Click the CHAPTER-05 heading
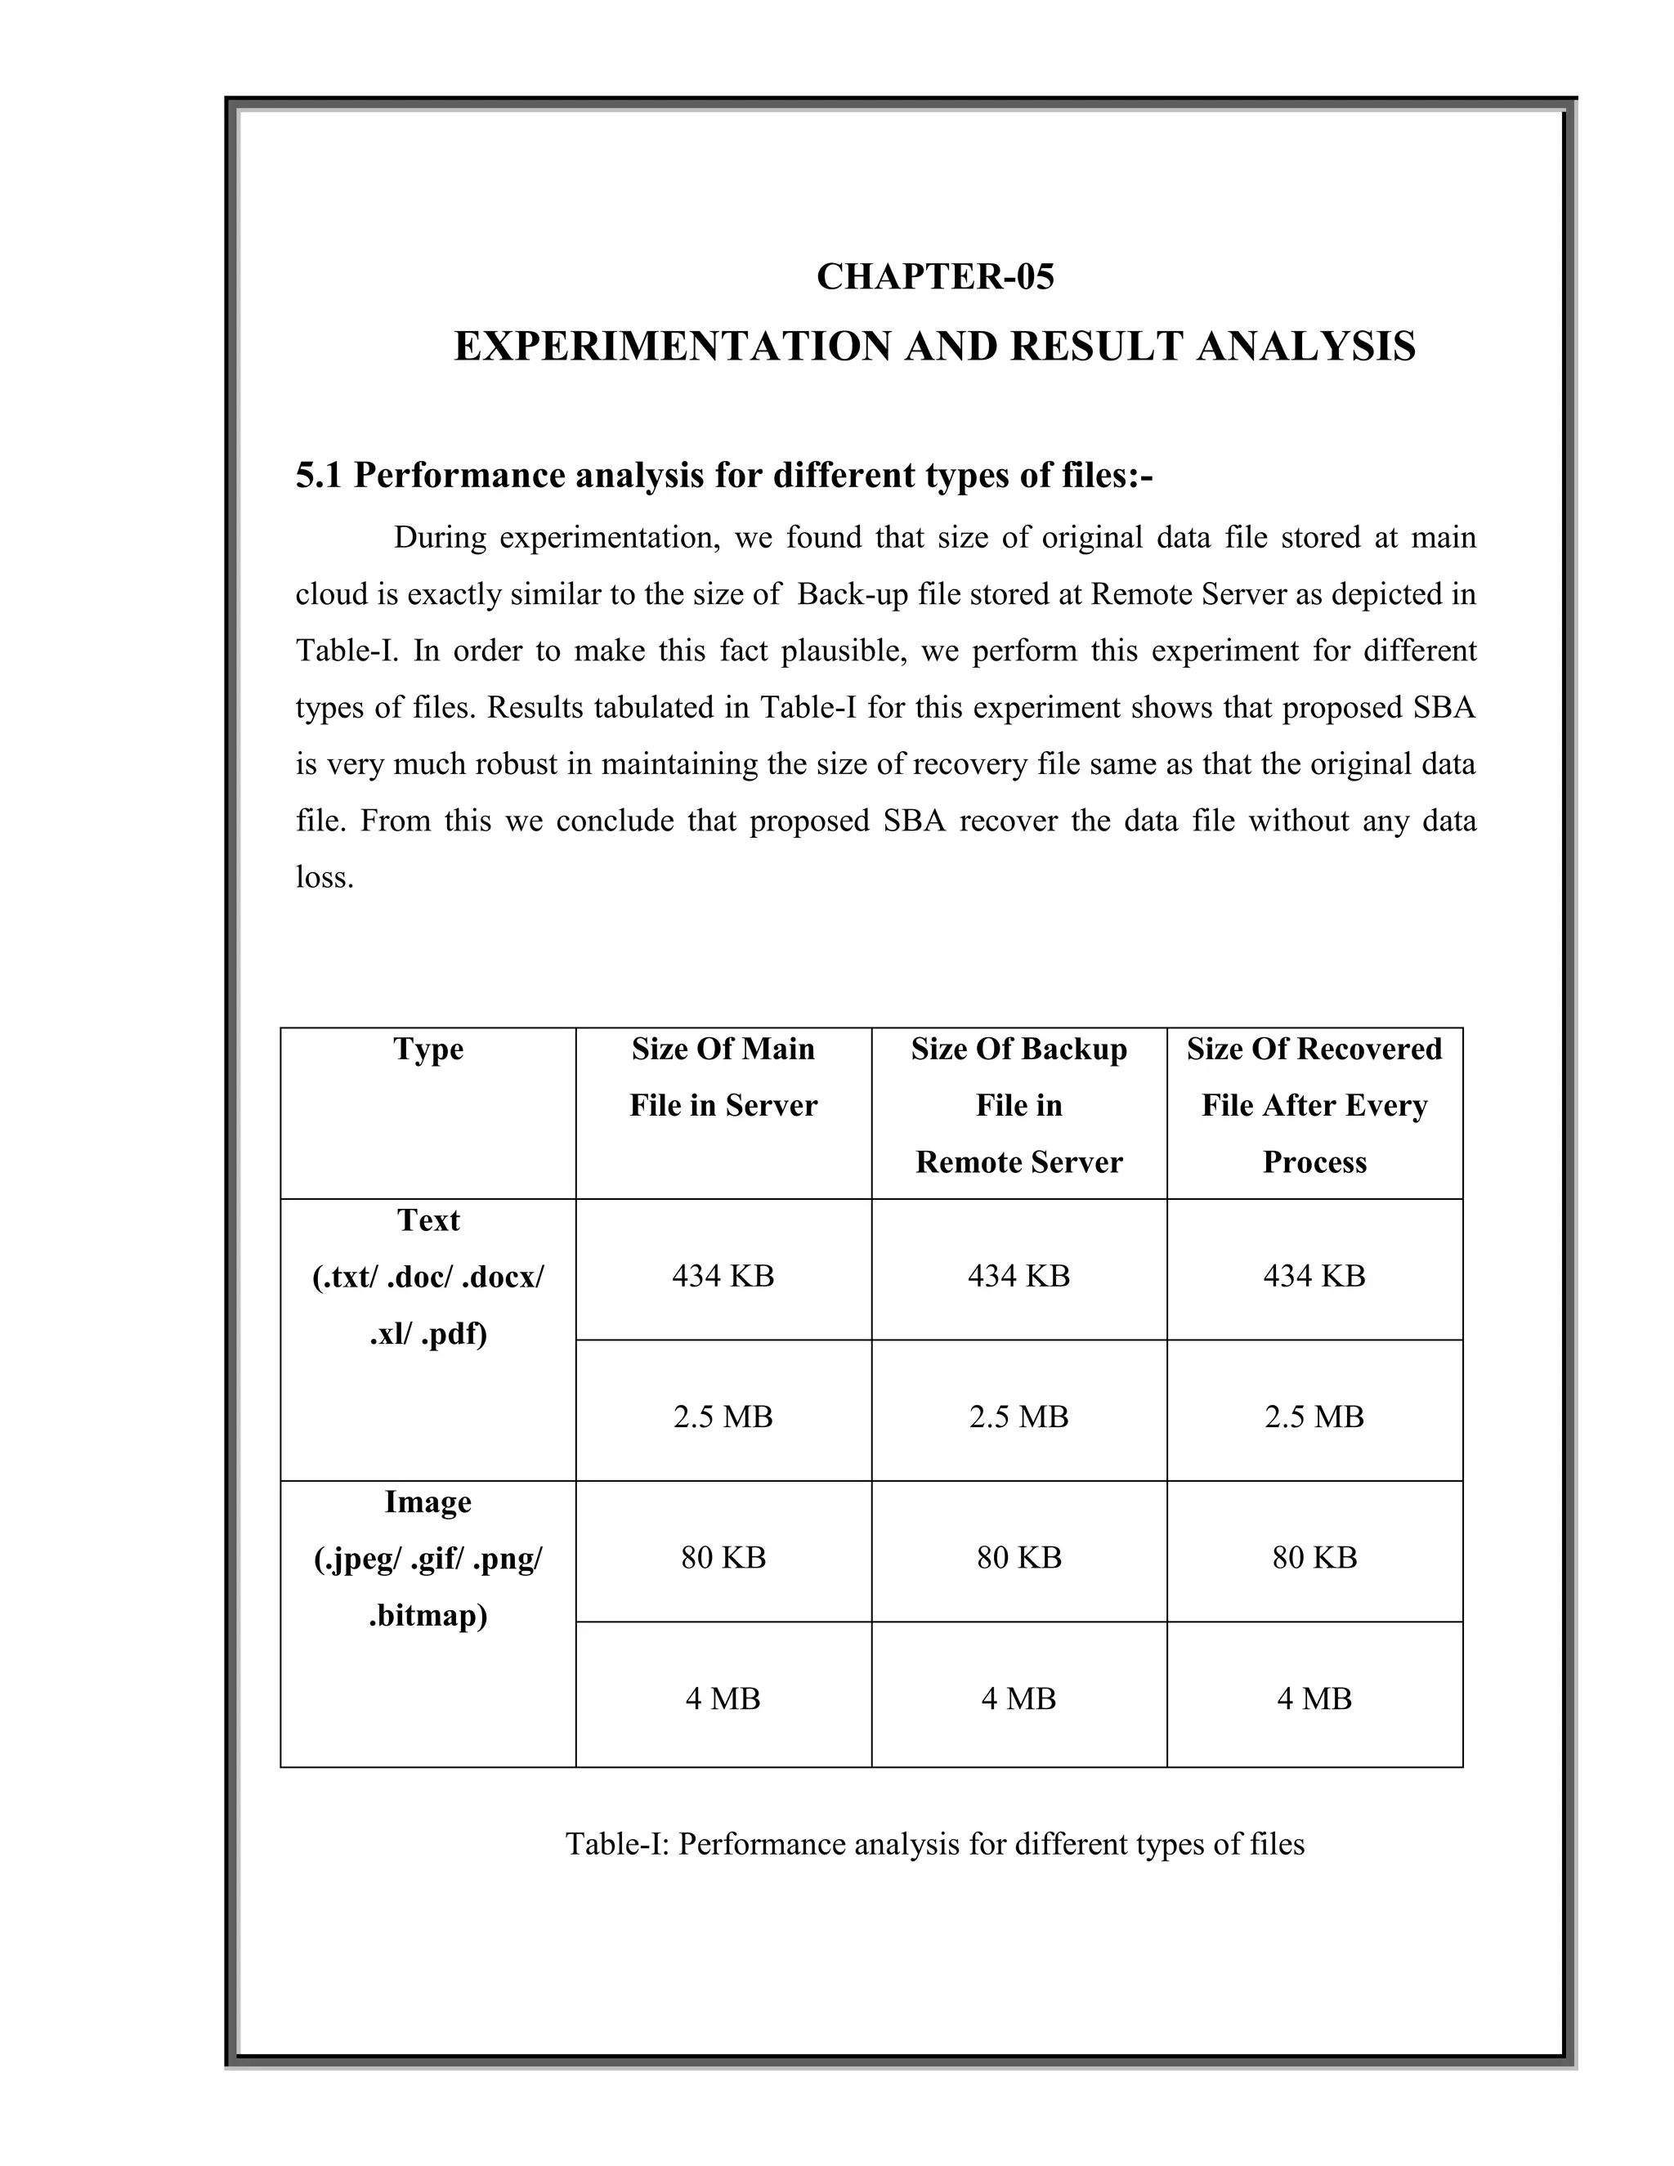click(x=934, y=277)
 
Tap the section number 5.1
click(x=318, y=476)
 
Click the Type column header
click(x=427, y=1049)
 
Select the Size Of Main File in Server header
click(x=723, y=1077)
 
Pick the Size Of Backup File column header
click(x=1018, y=1105)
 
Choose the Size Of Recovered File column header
click(x=1314, y=1105)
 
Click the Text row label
click(x=427, y=1219)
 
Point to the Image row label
click(x=427, y=1501)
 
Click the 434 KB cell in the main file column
click(x=723, y=1275)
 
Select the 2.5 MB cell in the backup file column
click(x=1018, y=1416)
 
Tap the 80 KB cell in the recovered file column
click(x=1314, y=1557)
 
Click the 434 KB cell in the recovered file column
click(x=1314, y=1275)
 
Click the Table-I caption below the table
click(x=934, y=1844)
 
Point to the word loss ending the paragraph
click(x=324, y=878)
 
